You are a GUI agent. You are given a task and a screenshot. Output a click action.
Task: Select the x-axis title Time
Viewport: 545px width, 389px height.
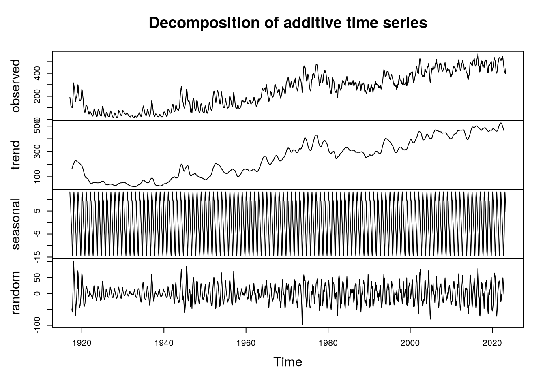coord(288,362)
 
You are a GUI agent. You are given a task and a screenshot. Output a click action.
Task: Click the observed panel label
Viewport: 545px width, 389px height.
coord(16,86)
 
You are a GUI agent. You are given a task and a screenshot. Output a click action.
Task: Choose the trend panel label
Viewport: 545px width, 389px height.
coord(16,155)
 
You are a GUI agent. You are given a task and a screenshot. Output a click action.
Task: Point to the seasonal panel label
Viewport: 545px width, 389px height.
coord(16,224)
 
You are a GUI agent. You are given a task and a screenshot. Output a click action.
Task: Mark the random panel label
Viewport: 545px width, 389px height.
coord(16,293)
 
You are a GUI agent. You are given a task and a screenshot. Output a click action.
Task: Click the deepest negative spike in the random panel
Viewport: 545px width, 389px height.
coord(303,324)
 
